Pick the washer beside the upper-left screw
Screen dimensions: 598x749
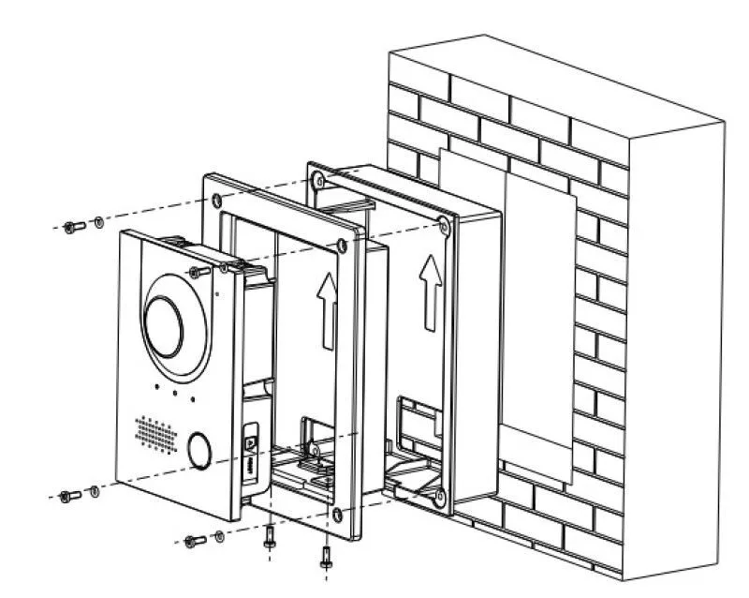[x=96, y=222]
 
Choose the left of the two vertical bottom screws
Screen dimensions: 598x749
[x=269, y=536]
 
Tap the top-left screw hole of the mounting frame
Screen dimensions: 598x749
[x=217, y=199]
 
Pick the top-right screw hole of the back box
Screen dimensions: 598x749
[x=443, y=223]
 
